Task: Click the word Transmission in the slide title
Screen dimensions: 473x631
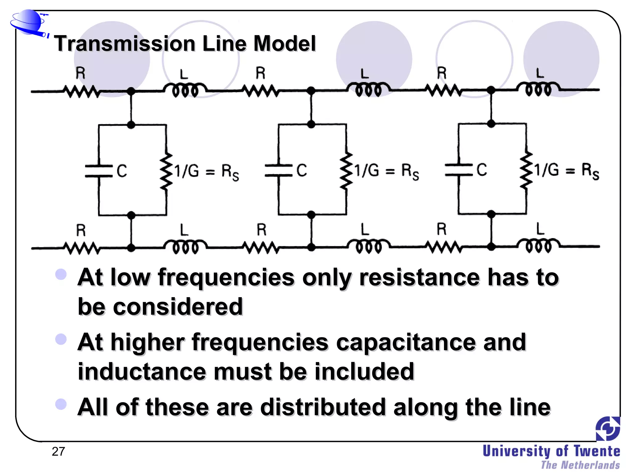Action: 125,43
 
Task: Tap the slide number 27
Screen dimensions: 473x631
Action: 58,451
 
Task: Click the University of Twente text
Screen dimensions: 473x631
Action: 551,451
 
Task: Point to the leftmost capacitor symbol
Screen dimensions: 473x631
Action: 99,171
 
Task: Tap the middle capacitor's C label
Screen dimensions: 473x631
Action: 302,170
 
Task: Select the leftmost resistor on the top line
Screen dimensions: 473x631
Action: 81,91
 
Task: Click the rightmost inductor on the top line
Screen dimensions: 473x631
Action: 539,89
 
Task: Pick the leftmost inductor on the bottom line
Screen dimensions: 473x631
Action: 185,246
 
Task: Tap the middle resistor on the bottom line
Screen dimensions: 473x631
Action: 261,247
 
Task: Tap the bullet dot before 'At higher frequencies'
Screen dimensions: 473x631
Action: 61,339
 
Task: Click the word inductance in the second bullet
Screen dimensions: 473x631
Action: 142,371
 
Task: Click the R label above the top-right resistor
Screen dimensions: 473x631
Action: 442,73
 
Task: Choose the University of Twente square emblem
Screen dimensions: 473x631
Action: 608,428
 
